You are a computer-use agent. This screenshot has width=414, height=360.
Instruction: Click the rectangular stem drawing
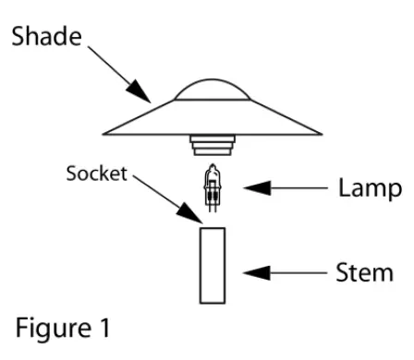coord(213,265)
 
